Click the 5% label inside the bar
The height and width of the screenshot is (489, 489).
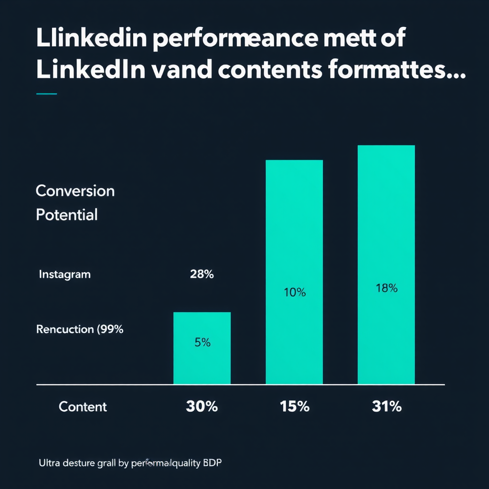pyautogui.click(x=202, y=342)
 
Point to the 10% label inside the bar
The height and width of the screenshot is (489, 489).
pyautogui.click(x=295, y=293)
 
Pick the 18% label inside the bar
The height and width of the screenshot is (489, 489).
pyautogui.click(x=386, y=288)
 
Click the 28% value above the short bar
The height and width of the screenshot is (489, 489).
pyautogui.click(x=202, y=275)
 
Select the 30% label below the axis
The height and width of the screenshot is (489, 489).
pyautogui.click(x=202, y=407)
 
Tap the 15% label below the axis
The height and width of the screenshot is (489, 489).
pyautogui.click(x=294, y=407)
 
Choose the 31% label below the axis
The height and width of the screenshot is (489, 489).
pyautogui.click(x=386, y=407)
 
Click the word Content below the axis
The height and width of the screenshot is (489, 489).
pyautogui.click(x=83, y=407)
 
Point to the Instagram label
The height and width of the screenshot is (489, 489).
pyautogui.click(x=64, y=275)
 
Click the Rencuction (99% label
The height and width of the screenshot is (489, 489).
pyautogui.click(x=80, y=329)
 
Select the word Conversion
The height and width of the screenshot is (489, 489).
pyautogui.click(x=75, y=191)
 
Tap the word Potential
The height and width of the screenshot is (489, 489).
pyautogui.click(x=67, y=215)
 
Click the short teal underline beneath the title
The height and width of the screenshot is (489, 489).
pyautogui.click(x=46, y=94)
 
